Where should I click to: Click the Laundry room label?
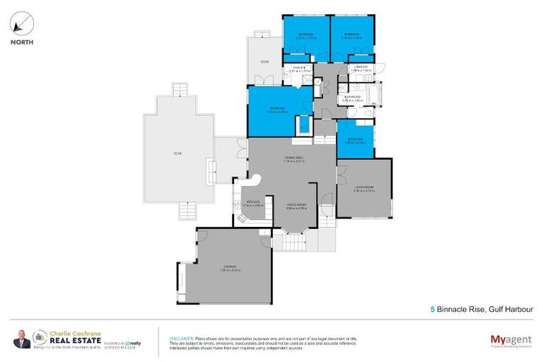click(360, 69)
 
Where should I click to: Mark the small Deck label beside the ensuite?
click(264, 62)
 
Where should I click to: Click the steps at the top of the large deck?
click(182, 92)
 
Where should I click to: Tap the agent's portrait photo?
click(21, 339)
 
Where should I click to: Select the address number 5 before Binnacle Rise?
click(433, 308)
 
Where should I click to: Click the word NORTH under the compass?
click(21, 42)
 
